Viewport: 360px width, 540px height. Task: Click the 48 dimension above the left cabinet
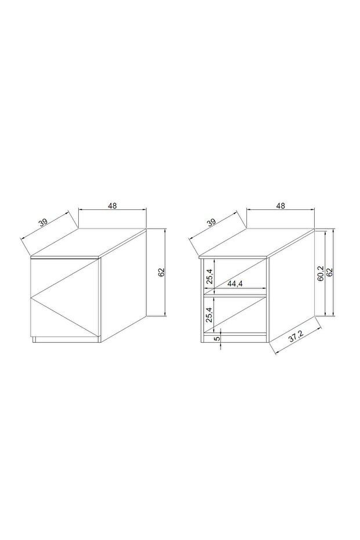coord(112,205)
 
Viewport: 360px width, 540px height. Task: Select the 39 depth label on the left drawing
coord(43,222)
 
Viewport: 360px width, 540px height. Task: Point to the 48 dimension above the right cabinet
coord(281,205)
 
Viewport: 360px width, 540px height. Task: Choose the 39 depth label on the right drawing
coord(211,222)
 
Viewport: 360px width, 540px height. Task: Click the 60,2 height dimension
coord(320,273)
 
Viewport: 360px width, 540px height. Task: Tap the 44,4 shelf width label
coord(235,284)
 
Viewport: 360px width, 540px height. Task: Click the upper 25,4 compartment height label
coord(209,273)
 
